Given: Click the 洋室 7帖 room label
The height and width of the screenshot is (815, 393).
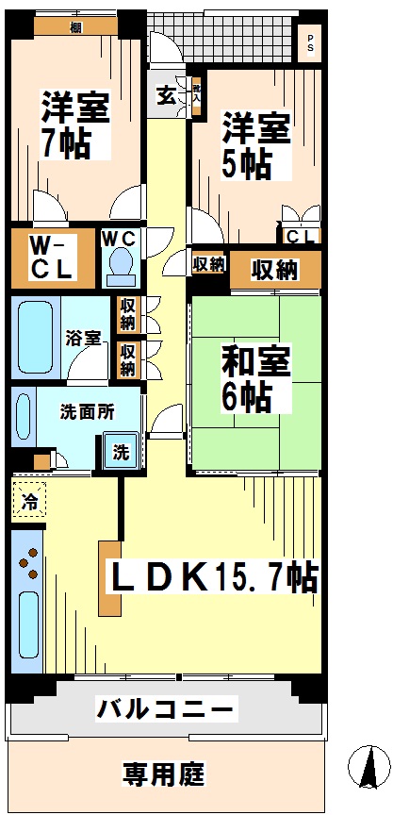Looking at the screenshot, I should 74,125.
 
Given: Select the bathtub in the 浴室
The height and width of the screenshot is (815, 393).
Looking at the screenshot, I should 34,339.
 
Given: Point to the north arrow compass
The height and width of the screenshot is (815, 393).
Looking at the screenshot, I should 368,767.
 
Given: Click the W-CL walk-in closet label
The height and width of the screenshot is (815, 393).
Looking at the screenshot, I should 51,257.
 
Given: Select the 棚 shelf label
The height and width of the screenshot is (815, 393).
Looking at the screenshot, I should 74,26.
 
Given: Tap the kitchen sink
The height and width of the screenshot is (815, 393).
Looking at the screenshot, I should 27,632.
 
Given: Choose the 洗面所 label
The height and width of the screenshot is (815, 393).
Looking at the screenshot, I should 82,412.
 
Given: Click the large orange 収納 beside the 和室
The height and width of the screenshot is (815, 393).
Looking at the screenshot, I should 274,269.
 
